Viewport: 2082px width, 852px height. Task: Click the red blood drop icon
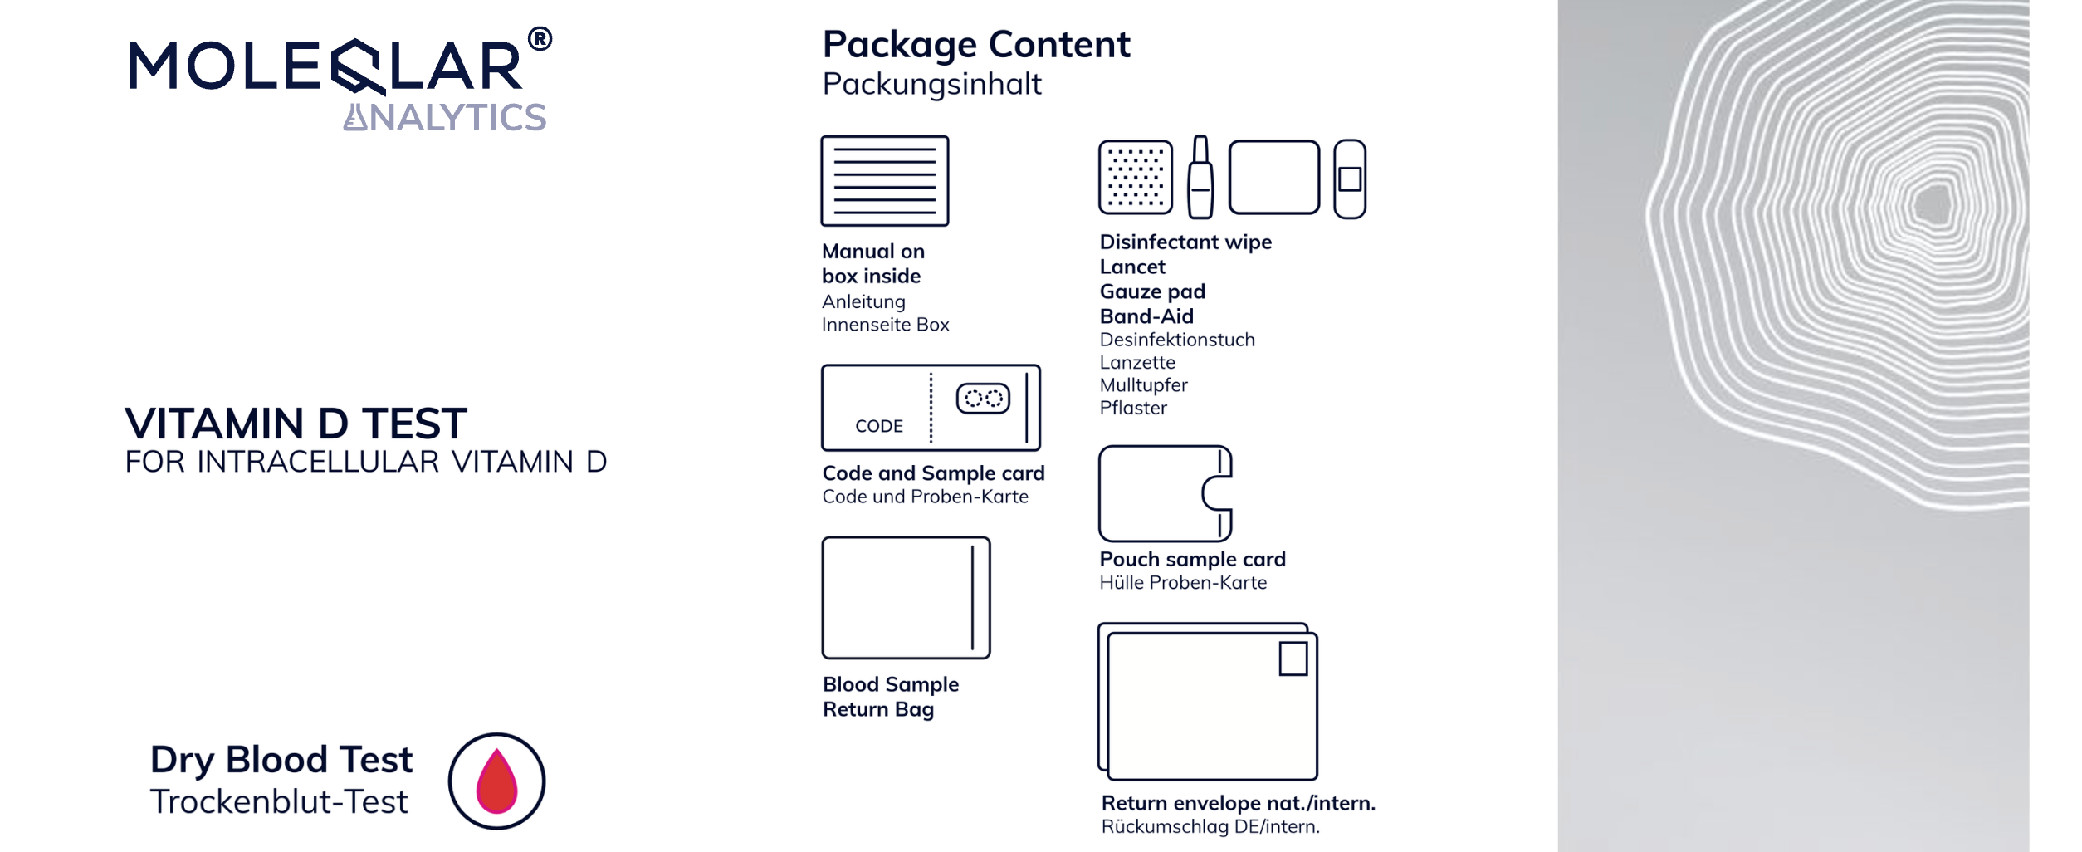[x=496, y=781]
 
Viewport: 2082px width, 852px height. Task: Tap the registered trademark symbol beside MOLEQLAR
[x=540, y=39]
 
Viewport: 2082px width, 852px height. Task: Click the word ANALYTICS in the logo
[x=446, y=118]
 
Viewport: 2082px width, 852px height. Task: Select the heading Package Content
[x=975, y=45]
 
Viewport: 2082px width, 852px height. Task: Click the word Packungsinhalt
[x=931, y=85]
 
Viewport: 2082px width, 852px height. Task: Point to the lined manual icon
[x=884, y=181]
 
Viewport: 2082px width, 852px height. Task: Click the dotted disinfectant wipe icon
[x=1135, y=178]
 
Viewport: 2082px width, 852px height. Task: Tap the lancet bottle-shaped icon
[x=1200, y=178]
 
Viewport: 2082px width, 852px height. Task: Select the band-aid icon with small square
[x=1350, y=179]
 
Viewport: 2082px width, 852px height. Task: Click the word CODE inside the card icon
[x=879, y=426]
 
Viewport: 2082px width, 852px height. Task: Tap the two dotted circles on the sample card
[x=983, y=399]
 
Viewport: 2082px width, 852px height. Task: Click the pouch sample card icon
[x=1165, y=493]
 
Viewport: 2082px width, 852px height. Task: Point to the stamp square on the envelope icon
[x=1293, y=659]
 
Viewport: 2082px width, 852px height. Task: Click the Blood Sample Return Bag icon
[x=906, y=598]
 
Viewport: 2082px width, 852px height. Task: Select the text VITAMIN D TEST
[x=296, y=424]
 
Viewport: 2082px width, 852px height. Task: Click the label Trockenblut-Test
[x=279, y=802]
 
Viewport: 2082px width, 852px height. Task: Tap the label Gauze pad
[x=1152, y=292]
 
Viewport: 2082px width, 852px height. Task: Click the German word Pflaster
[x=1133, y=409]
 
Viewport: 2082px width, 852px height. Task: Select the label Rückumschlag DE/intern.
[x=1210, y=827]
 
